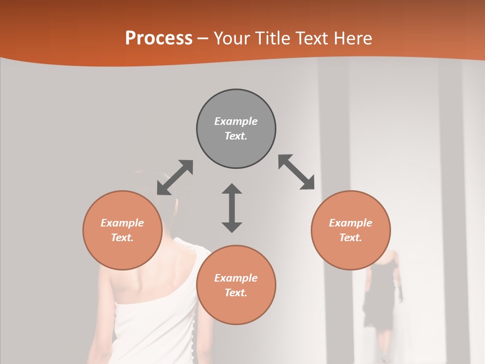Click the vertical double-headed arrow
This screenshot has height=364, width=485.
coord(232,208)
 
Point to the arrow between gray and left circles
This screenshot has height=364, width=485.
coord(175,177)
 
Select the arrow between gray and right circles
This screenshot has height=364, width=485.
coord(297,172)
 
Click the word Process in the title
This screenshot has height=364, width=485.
coord(159,38)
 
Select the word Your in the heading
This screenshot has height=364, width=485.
coord(230,38)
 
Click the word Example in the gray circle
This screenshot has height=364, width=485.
coord(236,121)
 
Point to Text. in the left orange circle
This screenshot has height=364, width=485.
coord(122,238)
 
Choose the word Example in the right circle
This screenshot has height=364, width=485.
coord(351,223)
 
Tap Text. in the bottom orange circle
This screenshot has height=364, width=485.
coord(236,293)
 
